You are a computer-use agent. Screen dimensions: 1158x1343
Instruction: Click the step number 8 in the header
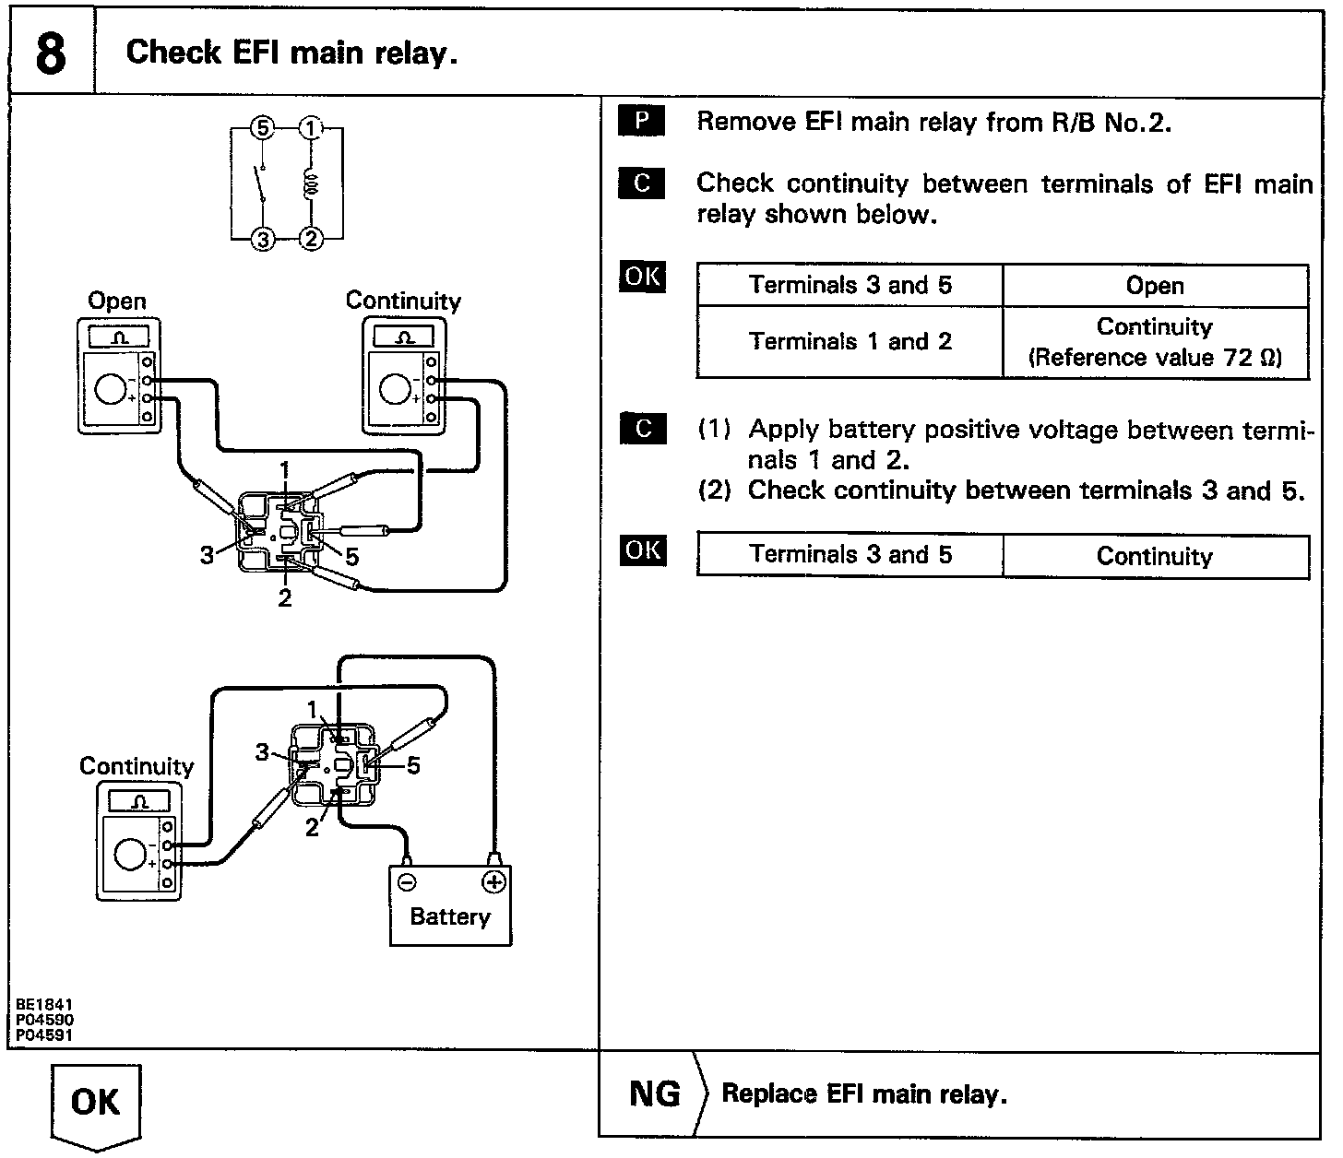[x=52, y=53]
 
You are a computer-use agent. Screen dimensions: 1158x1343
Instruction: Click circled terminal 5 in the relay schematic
[x=263, y=129]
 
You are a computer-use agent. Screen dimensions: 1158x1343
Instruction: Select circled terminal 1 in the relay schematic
[x=311, y=129]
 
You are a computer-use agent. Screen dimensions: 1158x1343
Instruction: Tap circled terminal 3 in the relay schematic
[x=263, y=239]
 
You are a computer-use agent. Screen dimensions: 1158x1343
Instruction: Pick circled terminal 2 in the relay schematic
[x=311, y=239]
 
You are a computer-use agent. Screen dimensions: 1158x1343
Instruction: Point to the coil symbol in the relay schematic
[x=311, y=183]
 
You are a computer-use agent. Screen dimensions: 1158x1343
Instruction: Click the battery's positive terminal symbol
[x=494, y=882]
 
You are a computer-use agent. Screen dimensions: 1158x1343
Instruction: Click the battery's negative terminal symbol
[x=406, y=882]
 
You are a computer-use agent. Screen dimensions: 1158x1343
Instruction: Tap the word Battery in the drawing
[x=450, y=916]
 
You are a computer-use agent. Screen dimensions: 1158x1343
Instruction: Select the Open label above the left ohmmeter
[x=117, y=301]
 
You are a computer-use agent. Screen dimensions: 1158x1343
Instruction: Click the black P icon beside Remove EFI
[x=642, y=122]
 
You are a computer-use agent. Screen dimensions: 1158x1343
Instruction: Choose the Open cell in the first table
[x=1155, y=286]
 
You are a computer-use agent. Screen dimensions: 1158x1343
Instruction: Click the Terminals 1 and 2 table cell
[x=850, y=342]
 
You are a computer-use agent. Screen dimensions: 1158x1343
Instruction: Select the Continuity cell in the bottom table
[x=1155, y=556]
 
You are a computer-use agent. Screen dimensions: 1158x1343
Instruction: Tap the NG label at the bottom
[x=654, y=1094]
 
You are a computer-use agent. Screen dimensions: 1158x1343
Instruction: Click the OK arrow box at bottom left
[x=96, y=1103]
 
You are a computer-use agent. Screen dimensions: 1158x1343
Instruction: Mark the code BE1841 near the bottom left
[x=44, y=1005]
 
